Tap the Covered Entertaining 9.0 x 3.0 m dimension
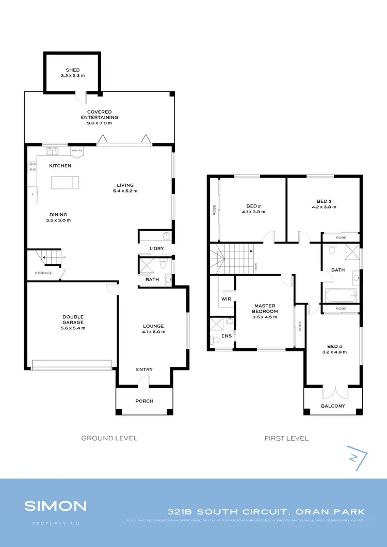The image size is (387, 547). coord(99,123)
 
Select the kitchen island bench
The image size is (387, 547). coord(64,183)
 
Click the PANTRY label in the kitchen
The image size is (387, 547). coord(77,151)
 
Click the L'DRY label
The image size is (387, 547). coord(156,249)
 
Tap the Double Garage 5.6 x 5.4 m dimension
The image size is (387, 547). coord(73,328)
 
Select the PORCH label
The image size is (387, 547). coord(144,401)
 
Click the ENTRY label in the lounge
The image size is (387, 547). coord(144,369)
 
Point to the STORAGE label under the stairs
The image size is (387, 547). coord(43,272)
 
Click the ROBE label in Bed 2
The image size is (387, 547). coord(214,211)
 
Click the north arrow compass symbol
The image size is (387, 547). coord(356,458)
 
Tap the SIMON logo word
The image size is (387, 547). coord(56,506)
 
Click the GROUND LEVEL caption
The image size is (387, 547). coord(109,438)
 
